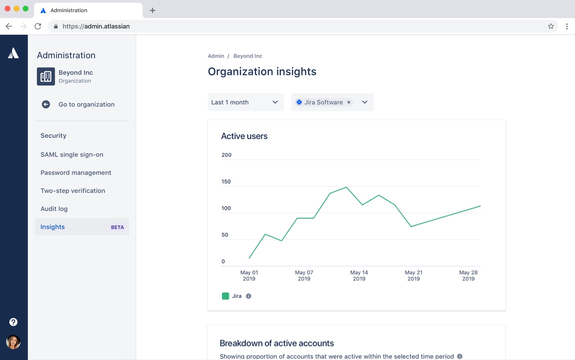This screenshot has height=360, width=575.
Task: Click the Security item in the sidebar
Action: point(53,135)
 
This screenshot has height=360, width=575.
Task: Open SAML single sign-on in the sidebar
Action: point(72,154)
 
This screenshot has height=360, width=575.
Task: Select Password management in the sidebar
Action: point(76,173)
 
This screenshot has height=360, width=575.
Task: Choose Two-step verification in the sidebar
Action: point(73,191)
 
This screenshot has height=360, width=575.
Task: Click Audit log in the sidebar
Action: point(54,209)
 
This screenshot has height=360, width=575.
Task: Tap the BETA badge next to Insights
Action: point(117,227)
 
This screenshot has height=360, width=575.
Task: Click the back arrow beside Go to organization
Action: point(46,104)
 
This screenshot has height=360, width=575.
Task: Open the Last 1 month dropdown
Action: point(245,102)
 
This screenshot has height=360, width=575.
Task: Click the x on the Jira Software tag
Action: point(349,102)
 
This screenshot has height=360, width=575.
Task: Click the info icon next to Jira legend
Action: point(248,296)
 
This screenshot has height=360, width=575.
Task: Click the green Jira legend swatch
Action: point(225,296)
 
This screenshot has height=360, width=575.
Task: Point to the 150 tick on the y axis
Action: point(226,182)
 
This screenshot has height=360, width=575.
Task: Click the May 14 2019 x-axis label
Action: point(359,275)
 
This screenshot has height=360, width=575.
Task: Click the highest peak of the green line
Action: point(346,187)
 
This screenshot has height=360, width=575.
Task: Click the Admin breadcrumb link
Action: point(216,56)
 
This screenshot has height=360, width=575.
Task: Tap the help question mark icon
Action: point(13,322)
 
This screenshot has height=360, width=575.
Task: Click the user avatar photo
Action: point(13,342)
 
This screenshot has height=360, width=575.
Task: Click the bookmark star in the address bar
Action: point(551,26)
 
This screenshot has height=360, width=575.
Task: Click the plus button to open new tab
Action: point(152,10)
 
